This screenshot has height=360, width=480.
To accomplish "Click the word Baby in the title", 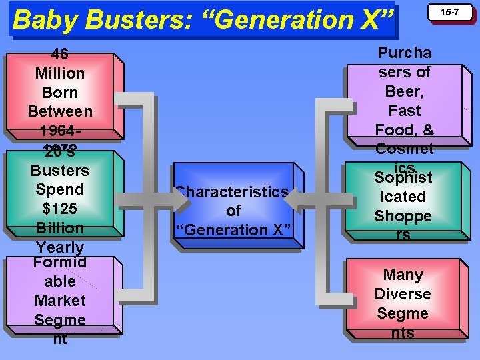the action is pyautogui.click(x=43, y=20).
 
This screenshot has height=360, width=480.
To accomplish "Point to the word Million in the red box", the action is pyautogui.click(x=60, y=73).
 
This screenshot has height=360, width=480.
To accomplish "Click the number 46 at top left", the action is pyautogui.click(x=60, y=55).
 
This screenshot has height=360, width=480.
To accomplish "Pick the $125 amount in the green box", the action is pyautogui.click(x=60, y=209).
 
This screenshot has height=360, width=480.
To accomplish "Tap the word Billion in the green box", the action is pyautogui.click(x=60, y=228).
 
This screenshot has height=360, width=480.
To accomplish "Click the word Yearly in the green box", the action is pyautogui.click(x=60, y=247).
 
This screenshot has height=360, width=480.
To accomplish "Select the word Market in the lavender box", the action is pyautogui.click(x=60, y=301).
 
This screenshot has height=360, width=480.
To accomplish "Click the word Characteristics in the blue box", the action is pyautogui.click(x=233, y=192).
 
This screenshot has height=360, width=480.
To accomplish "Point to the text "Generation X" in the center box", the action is pyautogui.click(x=233, y=230).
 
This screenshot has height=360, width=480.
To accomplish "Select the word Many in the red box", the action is pyautogui.click(x=403, y=275).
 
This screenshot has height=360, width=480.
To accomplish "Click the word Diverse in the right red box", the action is pyautogui.click(x=403, y=294).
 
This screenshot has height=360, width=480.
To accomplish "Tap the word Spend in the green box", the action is pyautogui.click(x=60, y=189).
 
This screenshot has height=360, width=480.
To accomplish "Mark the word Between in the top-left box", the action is pyautogui.click(x=60, y=111).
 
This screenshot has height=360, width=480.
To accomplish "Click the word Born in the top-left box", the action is pyautogui.click(x=60, y=93).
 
